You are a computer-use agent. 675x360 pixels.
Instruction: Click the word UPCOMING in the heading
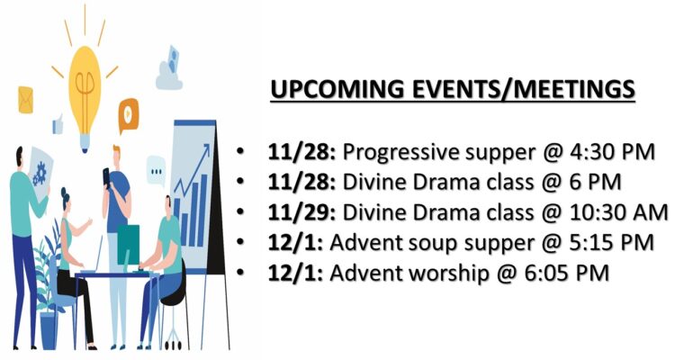click(x=337, y=89)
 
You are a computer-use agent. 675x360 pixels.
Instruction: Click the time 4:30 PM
click(x=608, y=151)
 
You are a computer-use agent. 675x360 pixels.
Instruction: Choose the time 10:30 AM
click(x=616, y=212)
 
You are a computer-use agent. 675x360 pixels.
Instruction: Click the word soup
click(x=433, y=244)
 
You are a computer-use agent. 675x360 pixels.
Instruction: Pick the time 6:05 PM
click(x=566, y=273)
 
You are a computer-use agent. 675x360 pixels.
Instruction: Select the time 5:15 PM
click(x=608, y=242)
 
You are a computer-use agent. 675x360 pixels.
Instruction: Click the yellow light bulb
click(x=85, y=97)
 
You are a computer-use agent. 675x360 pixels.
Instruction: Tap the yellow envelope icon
click(x=25, y=100)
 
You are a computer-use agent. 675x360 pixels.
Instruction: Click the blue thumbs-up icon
click(x=58, y=124)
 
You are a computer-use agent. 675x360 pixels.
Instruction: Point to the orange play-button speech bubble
click(x=129, y=115)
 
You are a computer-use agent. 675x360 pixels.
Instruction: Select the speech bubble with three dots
click(x=156, y=171)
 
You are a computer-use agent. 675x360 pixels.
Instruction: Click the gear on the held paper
click(x=40, y=173)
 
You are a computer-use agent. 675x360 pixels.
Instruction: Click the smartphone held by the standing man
click(x=106, y=176)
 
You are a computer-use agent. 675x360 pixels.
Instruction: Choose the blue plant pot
click(x=49, y=330)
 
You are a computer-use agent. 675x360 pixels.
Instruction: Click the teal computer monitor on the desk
click(x=129, y=245)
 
